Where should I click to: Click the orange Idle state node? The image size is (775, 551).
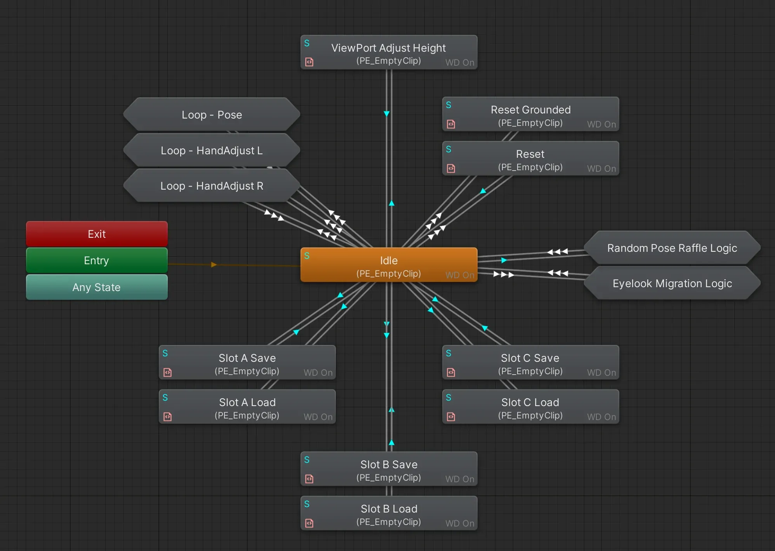click(389, 265)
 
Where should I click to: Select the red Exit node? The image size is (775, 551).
click(97, 234)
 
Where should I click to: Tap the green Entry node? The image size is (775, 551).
click(97, 260)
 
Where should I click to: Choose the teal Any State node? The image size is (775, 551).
click(97, 287)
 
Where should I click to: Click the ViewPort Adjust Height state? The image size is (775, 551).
click(389, 52)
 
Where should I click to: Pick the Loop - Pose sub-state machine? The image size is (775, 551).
click(212, 115)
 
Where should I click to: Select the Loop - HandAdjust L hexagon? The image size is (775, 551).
click(212, 150)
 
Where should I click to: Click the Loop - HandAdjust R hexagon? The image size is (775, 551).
click(212, 186)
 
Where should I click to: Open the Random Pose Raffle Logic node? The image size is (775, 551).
click(672, 248)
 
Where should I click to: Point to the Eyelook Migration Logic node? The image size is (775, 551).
click(672, 283)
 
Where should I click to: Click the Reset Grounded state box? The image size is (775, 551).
click(530, 114)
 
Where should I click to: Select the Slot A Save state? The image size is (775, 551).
click(247, 362)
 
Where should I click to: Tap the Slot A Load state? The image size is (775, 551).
click(247, 406)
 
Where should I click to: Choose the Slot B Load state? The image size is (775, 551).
click(389, 513)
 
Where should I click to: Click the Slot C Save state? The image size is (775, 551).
click(530, 362)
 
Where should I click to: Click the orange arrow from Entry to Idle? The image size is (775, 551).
click(214, 265)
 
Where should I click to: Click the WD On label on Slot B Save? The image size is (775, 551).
click(460, 479)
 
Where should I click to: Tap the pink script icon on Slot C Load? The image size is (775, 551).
click(451, 417)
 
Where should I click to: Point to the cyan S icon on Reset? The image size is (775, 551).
click(448, 149)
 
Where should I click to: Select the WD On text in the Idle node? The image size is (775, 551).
click(460, 275)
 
